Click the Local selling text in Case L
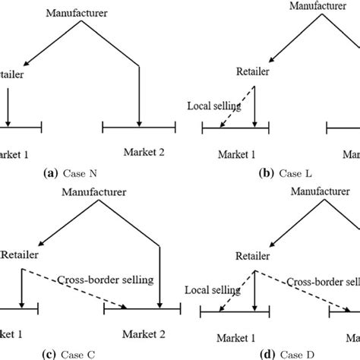point(213,107)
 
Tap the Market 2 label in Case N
point(138,153)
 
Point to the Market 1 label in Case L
point(236,154)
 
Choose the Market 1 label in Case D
point(235,334)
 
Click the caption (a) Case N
point(77,173)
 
